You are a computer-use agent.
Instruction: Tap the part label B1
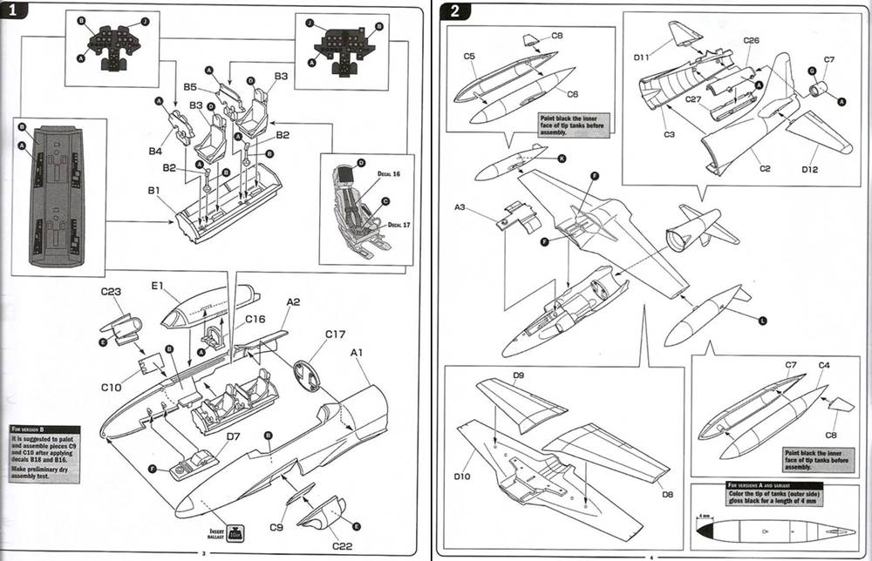(152, 190)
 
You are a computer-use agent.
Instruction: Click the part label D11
(644, 58)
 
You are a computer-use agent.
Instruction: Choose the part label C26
(752, 40)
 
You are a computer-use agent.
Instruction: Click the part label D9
(517, 375)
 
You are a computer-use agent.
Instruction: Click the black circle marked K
(561, 158)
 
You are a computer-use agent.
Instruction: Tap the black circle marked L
(762, 321)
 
